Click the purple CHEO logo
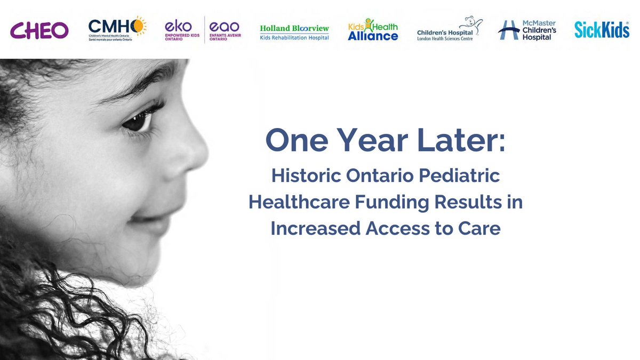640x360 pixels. (39, 30)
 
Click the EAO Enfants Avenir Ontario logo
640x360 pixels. (225, 30)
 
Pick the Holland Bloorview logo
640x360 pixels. (294, 31)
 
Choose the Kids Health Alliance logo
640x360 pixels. (373, 30)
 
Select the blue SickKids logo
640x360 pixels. (602, 30)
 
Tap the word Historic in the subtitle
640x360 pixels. (302, 177)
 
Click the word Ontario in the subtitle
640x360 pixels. (376, 177)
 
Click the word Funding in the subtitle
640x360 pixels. (393, 203)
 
